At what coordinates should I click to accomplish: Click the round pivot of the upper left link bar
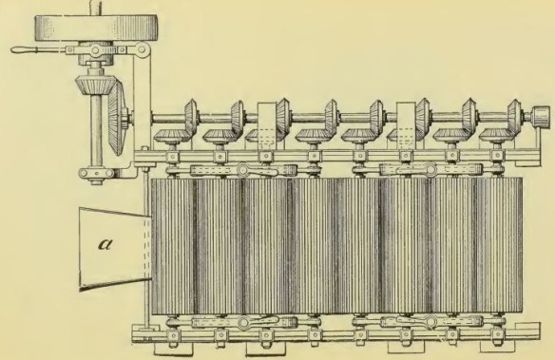point(243,171)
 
